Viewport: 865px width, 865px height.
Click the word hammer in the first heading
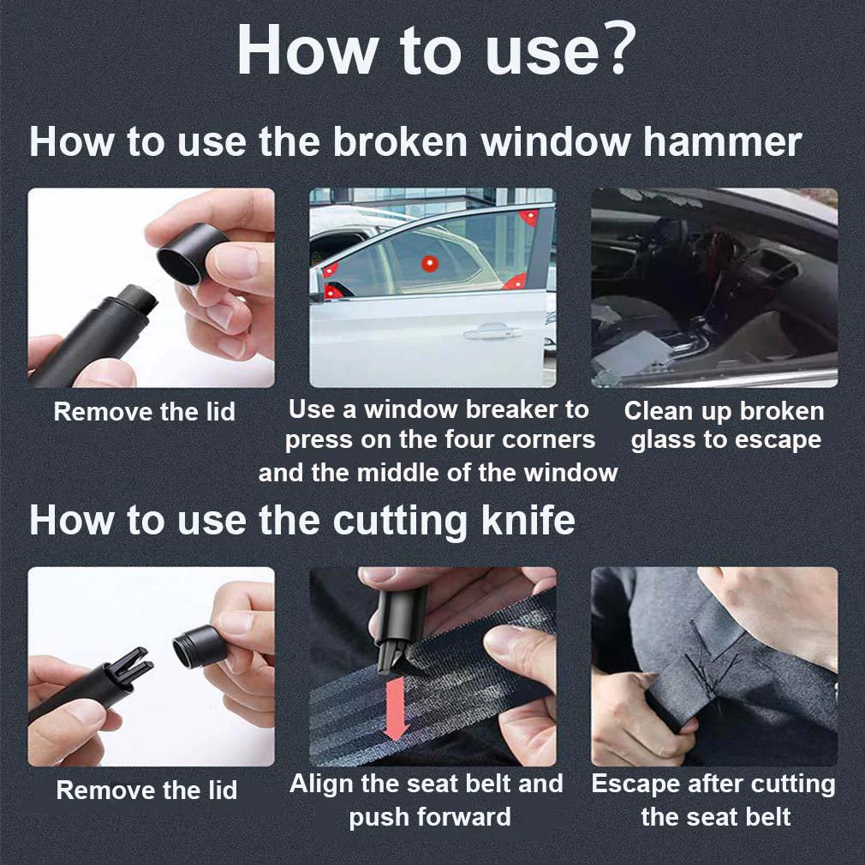(x=722, y=141)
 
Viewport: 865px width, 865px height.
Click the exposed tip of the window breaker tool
(x=141, y=298)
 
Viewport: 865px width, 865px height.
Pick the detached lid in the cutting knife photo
(x=199, y=647)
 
